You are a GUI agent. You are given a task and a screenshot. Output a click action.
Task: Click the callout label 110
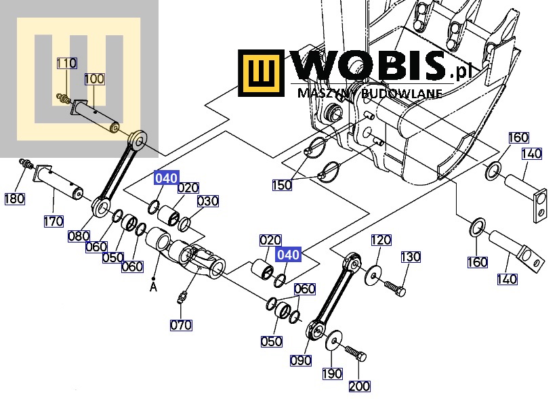coord(66,63)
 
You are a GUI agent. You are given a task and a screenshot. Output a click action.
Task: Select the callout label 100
coord(94,79)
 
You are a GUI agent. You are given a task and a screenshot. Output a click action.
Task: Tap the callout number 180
coord(15,198)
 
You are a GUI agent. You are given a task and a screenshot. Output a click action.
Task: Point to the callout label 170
coord(54,222)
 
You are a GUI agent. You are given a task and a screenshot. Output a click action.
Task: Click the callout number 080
coord(79,236)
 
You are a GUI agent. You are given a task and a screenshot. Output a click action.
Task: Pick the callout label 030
coord(208,201)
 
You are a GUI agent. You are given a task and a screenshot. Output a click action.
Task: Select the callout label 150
coord(282,185)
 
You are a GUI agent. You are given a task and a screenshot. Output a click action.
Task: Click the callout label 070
coord(181,325)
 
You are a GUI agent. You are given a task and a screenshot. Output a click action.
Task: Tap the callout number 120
coord(381,240)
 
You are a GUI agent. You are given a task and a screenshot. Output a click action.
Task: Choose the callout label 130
coord(411,257)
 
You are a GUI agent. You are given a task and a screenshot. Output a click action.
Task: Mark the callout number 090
coord(301,360)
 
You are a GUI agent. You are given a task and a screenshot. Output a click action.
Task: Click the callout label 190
coord(332,374)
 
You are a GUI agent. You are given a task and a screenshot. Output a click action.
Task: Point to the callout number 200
coord(359,386)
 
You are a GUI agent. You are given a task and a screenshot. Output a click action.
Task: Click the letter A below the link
coord(153,287)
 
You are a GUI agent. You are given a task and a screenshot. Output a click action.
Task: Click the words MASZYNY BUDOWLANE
coord(370,93)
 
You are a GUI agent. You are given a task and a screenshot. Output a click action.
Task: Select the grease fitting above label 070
coord(182,297)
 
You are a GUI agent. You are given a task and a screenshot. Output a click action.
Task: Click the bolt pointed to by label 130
coord(395,288)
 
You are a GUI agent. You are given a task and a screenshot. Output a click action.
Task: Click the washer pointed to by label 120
coord(373,275)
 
